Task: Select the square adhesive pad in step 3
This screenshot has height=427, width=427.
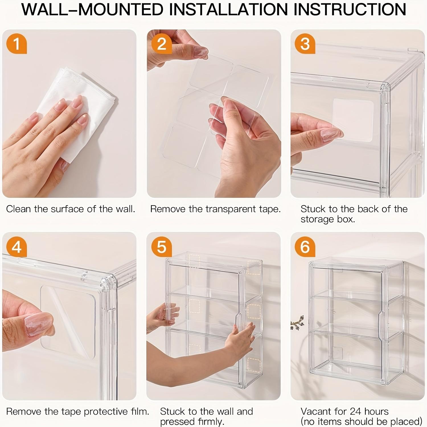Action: click(353, 120)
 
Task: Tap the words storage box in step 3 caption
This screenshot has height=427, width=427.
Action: click(328, 219)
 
